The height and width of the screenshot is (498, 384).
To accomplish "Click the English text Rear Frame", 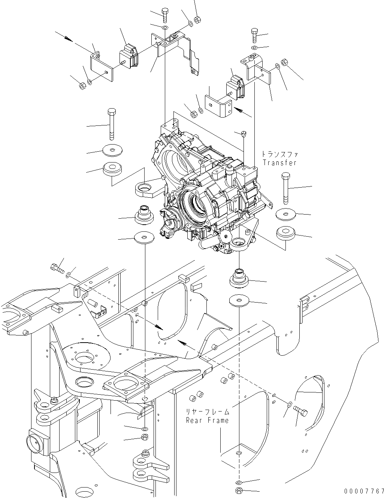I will pos(207,420).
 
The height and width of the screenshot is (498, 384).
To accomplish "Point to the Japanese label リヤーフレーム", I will pos(207,412).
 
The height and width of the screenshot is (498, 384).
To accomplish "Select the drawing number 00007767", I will pos(363,491).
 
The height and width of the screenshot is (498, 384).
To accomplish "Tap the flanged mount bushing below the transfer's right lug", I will pos(238,279).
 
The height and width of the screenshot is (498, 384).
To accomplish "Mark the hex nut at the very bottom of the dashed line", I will pos(239,491).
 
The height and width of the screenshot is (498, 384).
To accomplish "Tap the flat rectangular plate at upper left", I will pos(102,66).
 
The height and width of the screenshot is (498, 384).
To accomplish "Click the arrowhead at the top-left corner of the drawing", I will pos(68,38).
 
